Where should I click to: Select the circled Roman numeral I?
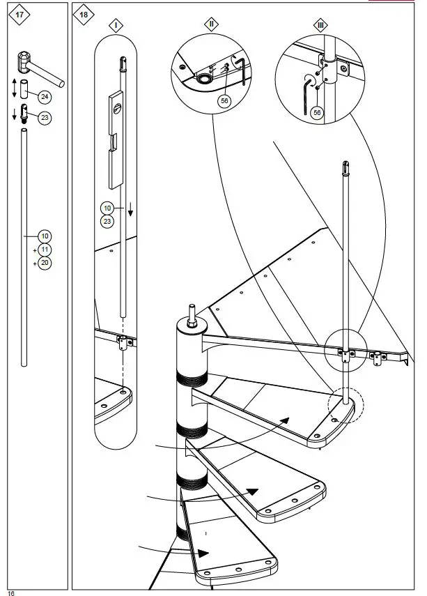click(116, 25)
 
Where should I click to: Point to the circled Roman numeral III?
click(320, 25)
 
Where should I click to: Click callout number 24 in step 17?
click(44, 96)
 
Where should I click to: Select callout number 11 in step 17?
click(44, 250)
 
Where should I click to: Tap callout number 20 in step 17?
click(44, 263)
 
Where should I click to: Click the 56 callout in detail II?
click(224, 101)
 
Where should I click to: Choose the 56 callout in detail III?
click(318, 112)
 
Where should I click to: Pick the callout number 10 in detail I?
click(107, 208)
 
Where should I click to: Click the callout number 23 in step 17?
click(44, 118)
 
